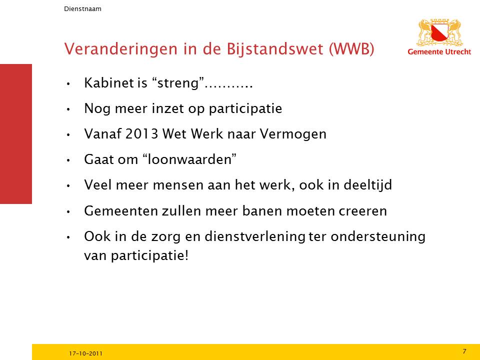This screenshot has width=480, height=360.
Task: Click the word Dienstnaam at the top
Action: click(x=82, y=9)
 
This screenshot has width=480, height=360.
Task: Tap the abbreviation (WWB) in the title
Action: click(x=351, y=49)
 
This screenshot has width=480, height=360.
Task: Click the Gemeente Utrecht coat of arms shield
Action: click(x=440, y=33)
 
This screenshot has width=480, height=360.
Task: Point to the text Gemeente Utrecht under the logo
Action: click(x=439, y=51)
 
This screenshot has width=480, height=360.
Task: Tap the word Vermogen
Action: click(x=293, y=134)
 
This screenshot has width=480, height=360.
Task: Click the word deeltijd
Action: click(x=367, y=185)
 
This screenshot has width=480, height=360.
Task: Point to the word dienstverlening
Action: click(x=255, y=237)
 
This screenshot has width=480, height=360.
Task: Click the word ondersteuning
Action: click(x=378, y=237)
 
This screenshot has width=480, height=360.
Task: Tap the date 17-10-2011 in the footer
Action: click(x=85, y=353)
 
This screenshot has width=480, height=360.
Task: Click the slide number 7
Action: click(x=464, y=351)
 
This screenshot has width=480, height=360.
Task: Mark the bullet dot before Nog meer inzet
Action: click(x=68, y=109)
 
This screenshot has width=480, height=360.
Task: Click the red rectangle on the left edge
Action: click(x=16, y=134)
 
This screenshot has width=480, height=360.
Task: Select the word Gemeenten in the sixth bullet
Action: click(x=120, y=211)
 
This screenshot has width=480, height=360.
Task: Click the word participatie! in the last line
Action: click(x=149, y=256)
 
